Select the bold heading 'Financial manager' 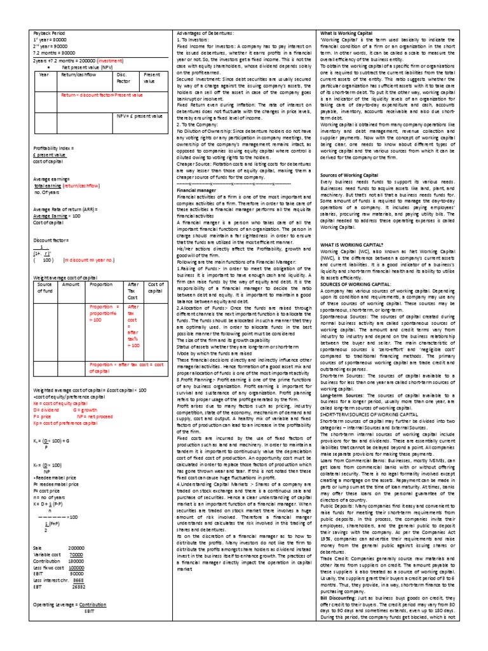click(x=196, y=189)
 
